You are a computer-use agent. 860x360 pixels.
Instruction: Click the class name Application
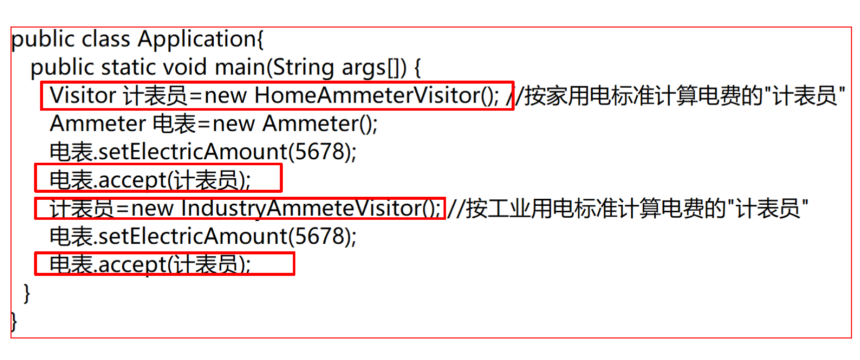point(197,39)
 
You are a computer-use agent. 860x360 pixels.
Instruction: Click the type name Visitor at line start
point(83,95)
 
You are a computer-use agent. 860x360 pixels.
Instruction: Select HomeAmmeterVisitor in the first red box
point(368,95)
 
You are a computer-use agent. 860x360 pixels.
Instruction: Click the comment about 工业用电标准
point(628,208)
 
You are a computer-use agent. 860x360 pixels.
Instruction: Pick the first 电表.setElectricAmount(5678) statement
point(203,152)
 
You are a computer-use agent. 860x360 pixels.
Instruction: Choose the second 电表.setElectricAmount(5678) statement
point(203,236)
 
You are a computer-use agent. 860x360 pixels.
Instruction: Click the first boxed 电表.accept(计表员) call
point(150,180)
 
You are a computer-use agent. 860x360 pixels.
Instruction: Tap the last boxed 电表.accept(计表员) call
point(150,264)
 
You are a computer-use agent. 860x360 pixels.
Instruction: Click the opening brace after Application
point(260,39)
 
